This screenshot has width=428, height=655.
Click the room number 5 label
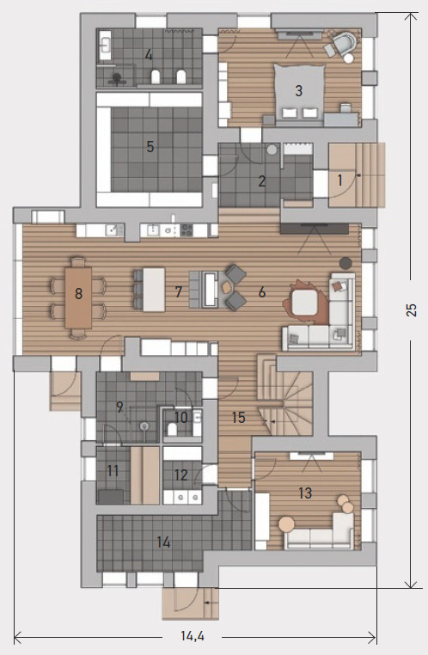point(150,147)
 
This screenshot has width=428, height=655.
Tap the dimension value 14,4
point(193,636)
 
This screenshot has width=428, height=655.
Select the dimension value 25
point(412,309)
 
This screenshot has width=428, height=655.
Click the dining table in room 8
point(78,297)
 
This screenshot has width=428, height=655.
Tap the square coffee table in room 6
point(305,303)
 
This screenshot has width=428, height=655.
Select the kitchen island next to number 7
point(154,290)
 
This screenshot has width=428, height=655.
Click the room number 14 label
point(163,542)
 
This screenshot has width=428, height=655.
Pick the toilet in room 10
point(172,430)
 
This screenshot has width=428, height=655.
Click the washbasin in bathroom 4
point(105,45)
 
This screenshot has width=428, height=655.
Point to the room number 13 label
point(305,493)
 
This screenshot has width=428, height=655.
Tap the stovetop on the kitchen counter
point(186,230)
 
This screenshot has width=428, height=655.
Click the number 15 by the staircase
point(238,417)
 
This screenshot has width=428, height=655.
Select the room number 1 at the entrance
point(339,180)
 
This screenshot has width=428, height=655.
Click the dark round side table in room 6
point(345,263)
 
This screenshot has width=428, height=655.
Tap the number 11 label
point(113,471)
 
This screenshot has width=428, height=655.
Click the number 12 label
point(180,475)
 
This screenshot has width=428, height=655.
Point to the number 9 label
point(119,407)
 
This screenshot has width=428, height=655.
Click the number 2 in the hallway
point(262,181)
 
